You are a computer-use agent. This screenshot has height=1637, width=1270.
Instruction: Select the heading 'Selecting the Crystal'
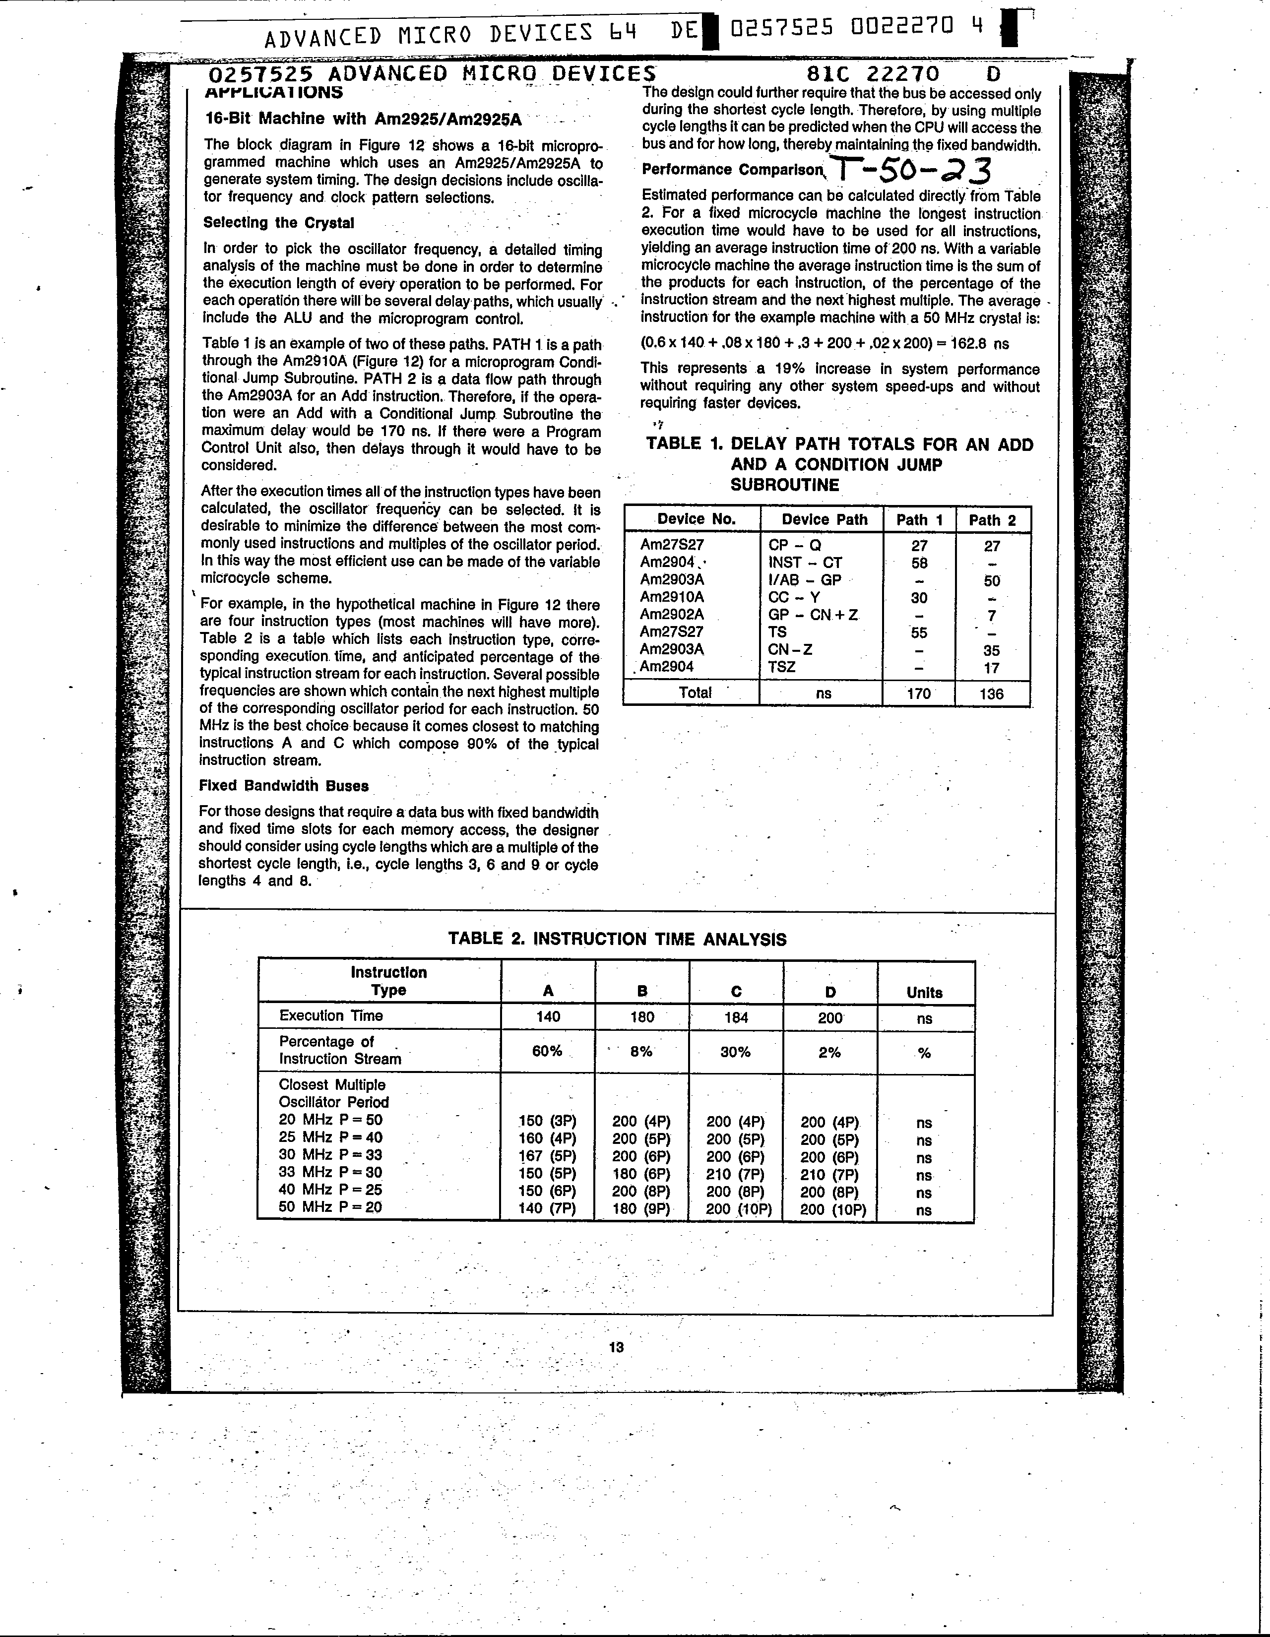tap(278, 223)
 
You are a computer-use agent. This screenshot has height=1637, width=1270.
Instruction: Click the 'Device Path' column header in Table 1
tap(824, 519)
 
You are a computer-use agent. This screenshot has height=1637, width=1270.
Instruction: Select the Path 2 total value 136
tap(991, 693)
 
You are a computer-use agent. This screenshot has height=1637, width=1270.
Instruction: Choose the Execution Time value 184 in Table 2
tap(736, 1017)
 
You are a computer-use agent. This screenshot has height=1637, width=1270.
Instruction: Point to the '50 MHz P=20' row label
tap(330, 1207)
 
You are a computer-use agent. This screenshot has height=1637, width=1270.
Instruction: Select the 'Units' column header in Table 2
tap(924, 993)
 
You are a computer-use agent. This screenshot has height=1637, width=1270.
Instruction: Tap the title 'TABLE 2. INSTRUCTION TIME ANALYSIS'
tap(617, 939)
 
